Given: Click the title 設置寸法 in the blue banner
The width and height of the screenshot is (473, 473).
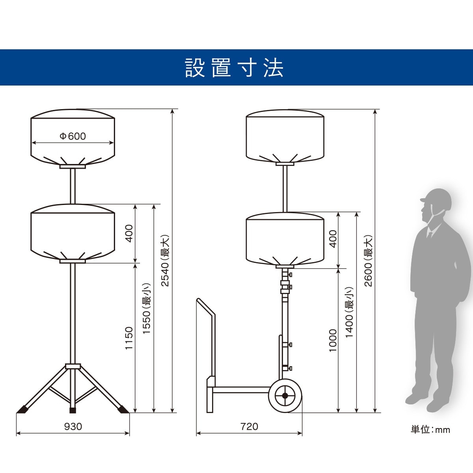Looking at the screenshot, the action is click(x=234, y=68).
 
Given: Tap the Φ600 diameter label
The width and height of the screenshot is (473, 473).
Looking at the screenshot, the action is click(x=73, y=136).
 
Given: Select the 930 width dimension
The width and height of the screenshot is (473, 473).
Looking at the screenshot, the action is click(x=73, y=426).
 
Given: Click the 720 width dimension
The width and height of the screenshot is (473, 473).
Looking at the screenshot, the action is click(x=249, y=426).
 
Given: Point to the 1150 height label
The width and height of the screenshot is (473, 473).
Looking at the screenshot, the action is click(x=129, y=338).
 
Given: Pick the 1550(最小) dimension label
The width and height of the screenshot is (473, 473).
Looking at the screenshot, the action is click(x=147, y=308).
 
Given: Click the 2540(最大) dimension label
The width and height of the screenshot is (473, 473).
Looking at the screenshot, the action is click(x=165, y=261).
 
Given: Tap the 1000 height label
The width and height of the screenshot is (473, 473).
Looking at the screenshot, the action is click(x=333, y=341).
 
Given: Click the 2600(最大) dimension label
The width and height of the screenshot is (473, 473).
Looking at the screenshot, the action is click(x=368, y=261).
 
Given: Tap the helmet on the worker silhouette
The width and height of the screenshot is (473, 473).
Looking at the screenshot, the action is click(x=436, y=201).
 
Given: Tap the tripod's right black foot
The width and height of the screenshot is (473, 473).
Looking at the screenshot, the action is click(x=123, y=408).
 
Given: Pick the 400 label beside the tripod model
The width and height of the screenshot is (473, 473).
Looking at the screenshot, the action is click(x=129, y=233).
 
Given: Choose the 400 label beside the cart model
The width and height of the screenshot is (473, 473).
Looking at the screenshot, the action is click(x=333, y=239).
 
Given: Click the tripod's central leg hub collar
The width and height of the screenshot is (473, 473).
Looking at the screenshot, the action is click(x=73, y=367).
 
